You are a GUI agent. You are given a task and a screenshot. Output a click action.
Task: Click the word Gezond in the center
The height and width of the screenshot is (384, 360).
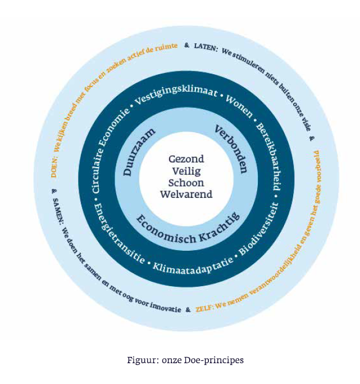tap(186, 159)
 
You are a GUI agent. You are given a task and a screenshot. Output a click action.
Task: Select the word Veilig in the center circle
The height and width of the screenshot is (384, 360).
tap(186, 171)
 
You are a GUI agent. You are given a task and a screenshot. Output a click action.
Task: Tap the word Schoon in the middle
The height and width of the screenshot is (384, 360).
tap(186, 183)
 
